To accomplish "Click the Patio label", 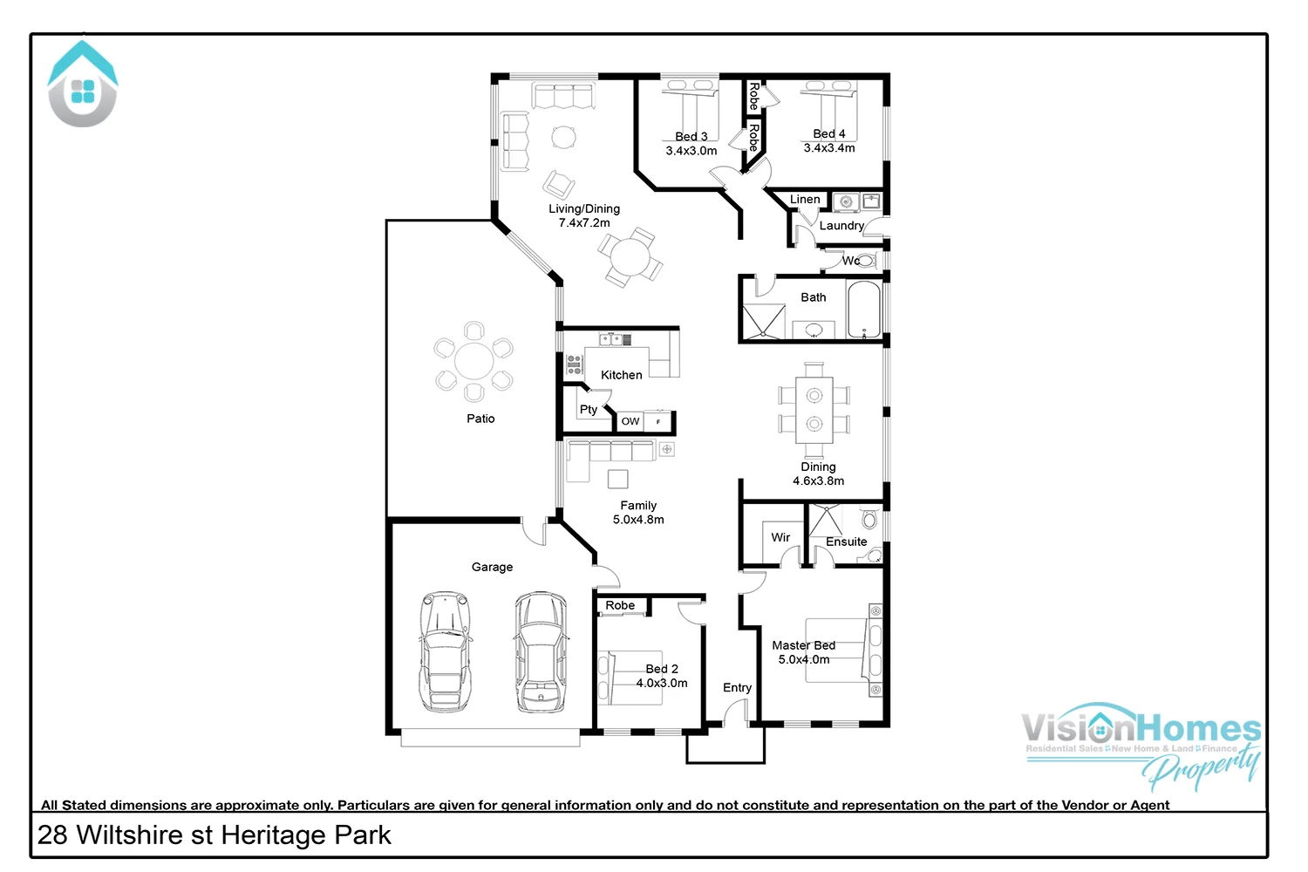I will [x=480, y=419].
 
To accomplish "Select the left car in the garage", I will [x=445, y=651].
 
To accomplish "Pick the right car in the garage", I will [x=541, y=651].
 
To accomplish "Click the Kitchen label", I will [x=621, y=375].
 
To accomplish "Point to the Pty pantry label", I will [x=589, y=409].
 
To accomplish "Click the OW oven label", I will [x=630, y=421].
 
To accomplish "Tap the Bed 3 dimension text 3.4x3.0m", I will [x=691, y=151].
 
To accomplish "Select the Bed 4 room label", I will [x=828, y=133].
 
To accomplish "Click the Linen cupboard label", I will [x=805, y=200].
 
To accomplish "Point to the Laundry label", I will [x=841, y=226].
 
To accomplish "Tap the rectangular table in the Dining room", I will [x=814, y=409].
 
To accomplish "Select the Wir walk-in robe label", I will [x=780, y=537].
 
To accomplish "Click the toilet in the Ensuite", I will [x=869, y=520].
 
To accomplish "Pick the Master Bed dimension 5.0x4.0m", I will [x=804, y=660].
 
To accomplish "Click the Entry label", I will [x=737, y=688].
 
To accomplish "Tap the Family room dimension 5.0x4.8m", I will [x=638, y=520].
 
